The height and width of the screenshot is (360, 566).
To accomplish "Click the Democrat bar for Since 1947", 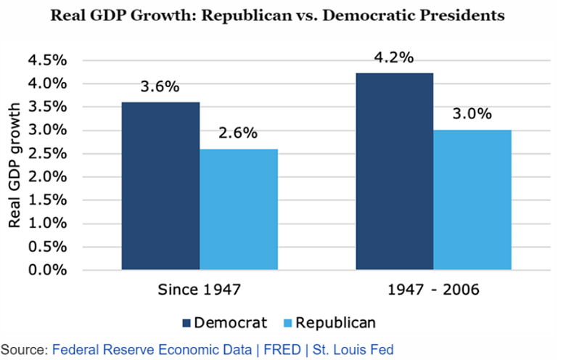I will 160,186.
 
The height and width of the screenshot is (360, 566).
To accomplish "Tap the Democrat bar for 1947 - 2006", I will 394,171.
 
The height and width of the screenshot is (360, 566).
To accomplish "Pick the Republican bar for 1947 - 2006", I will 472,200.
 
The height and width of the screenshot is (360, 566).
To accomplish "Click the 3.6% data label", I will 160,87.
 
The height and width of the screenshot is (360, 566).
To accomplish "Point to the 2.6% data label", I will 239,134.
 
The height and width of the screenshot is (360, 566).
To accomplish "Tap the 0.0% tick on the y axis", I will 47,270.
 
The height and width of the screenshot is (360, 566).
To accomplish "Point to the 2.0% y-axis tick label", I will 47,177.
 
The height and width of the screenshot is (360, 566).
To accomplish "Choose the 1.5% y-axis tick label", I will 47,200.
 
